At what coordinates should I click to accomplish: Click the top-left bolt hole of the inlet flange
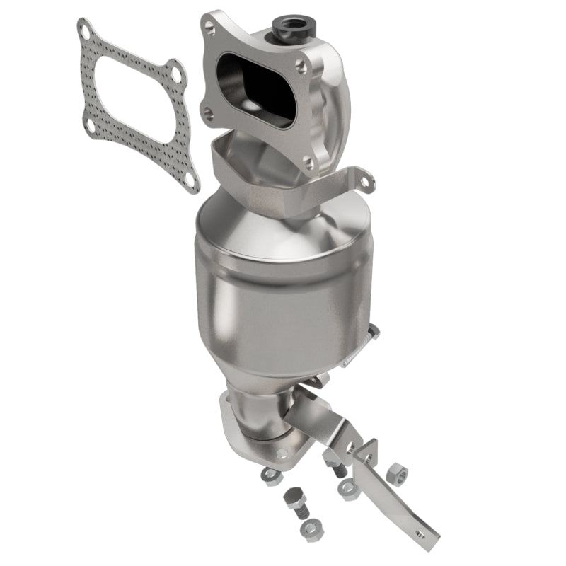[209, 28]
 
